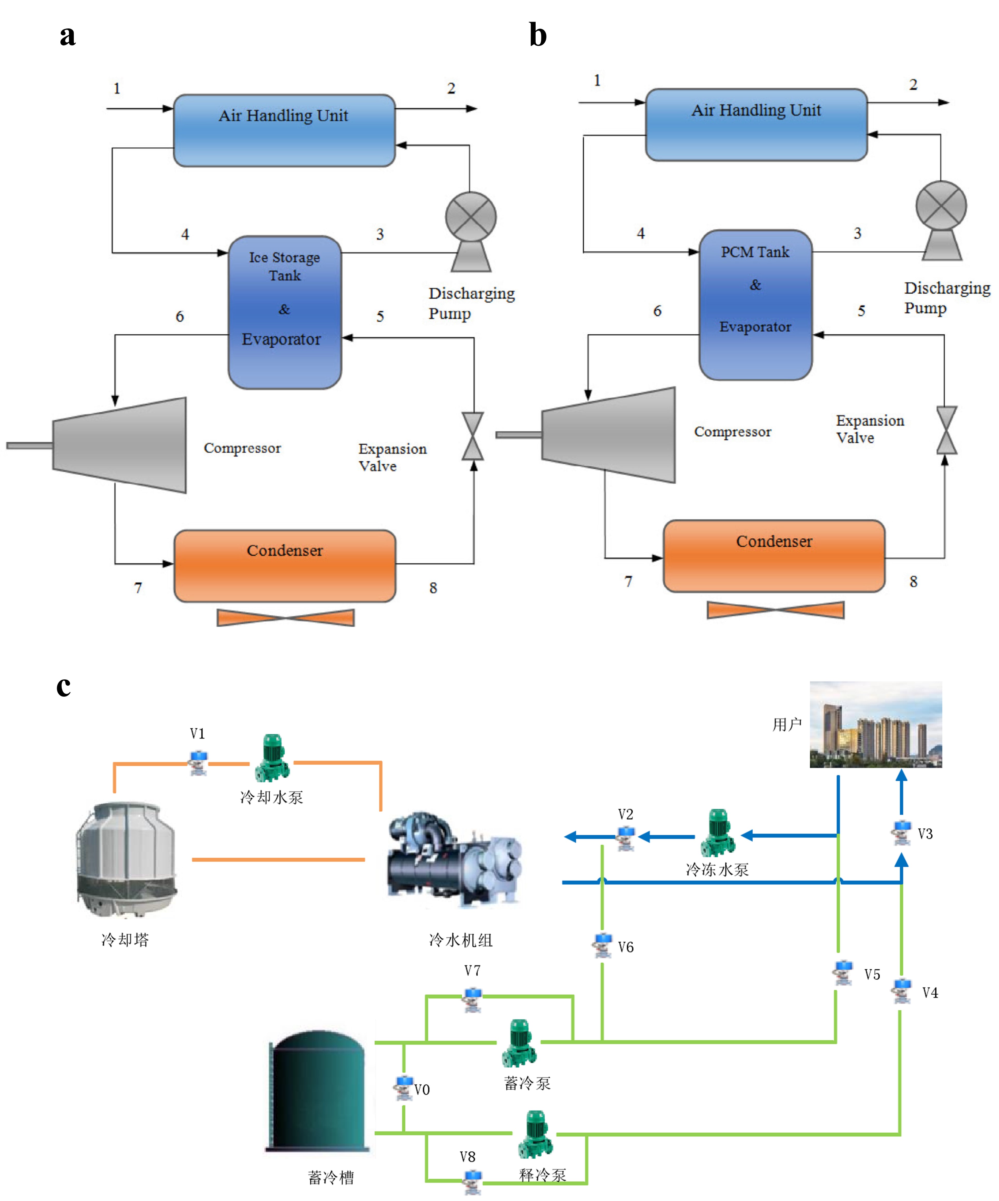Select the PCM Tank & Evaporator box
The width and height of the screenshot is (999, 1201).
tap(755, 305)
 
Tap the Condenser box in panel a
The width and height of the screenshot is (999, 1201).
tap(285, 565)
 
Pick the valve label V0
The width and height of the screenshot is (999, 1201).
tap(422, 1089)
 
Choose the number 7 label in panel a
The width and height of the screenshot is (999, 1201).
tap(138, 588)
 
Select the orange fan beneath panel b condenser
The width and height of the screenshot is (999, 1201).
tap(775, 610)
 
